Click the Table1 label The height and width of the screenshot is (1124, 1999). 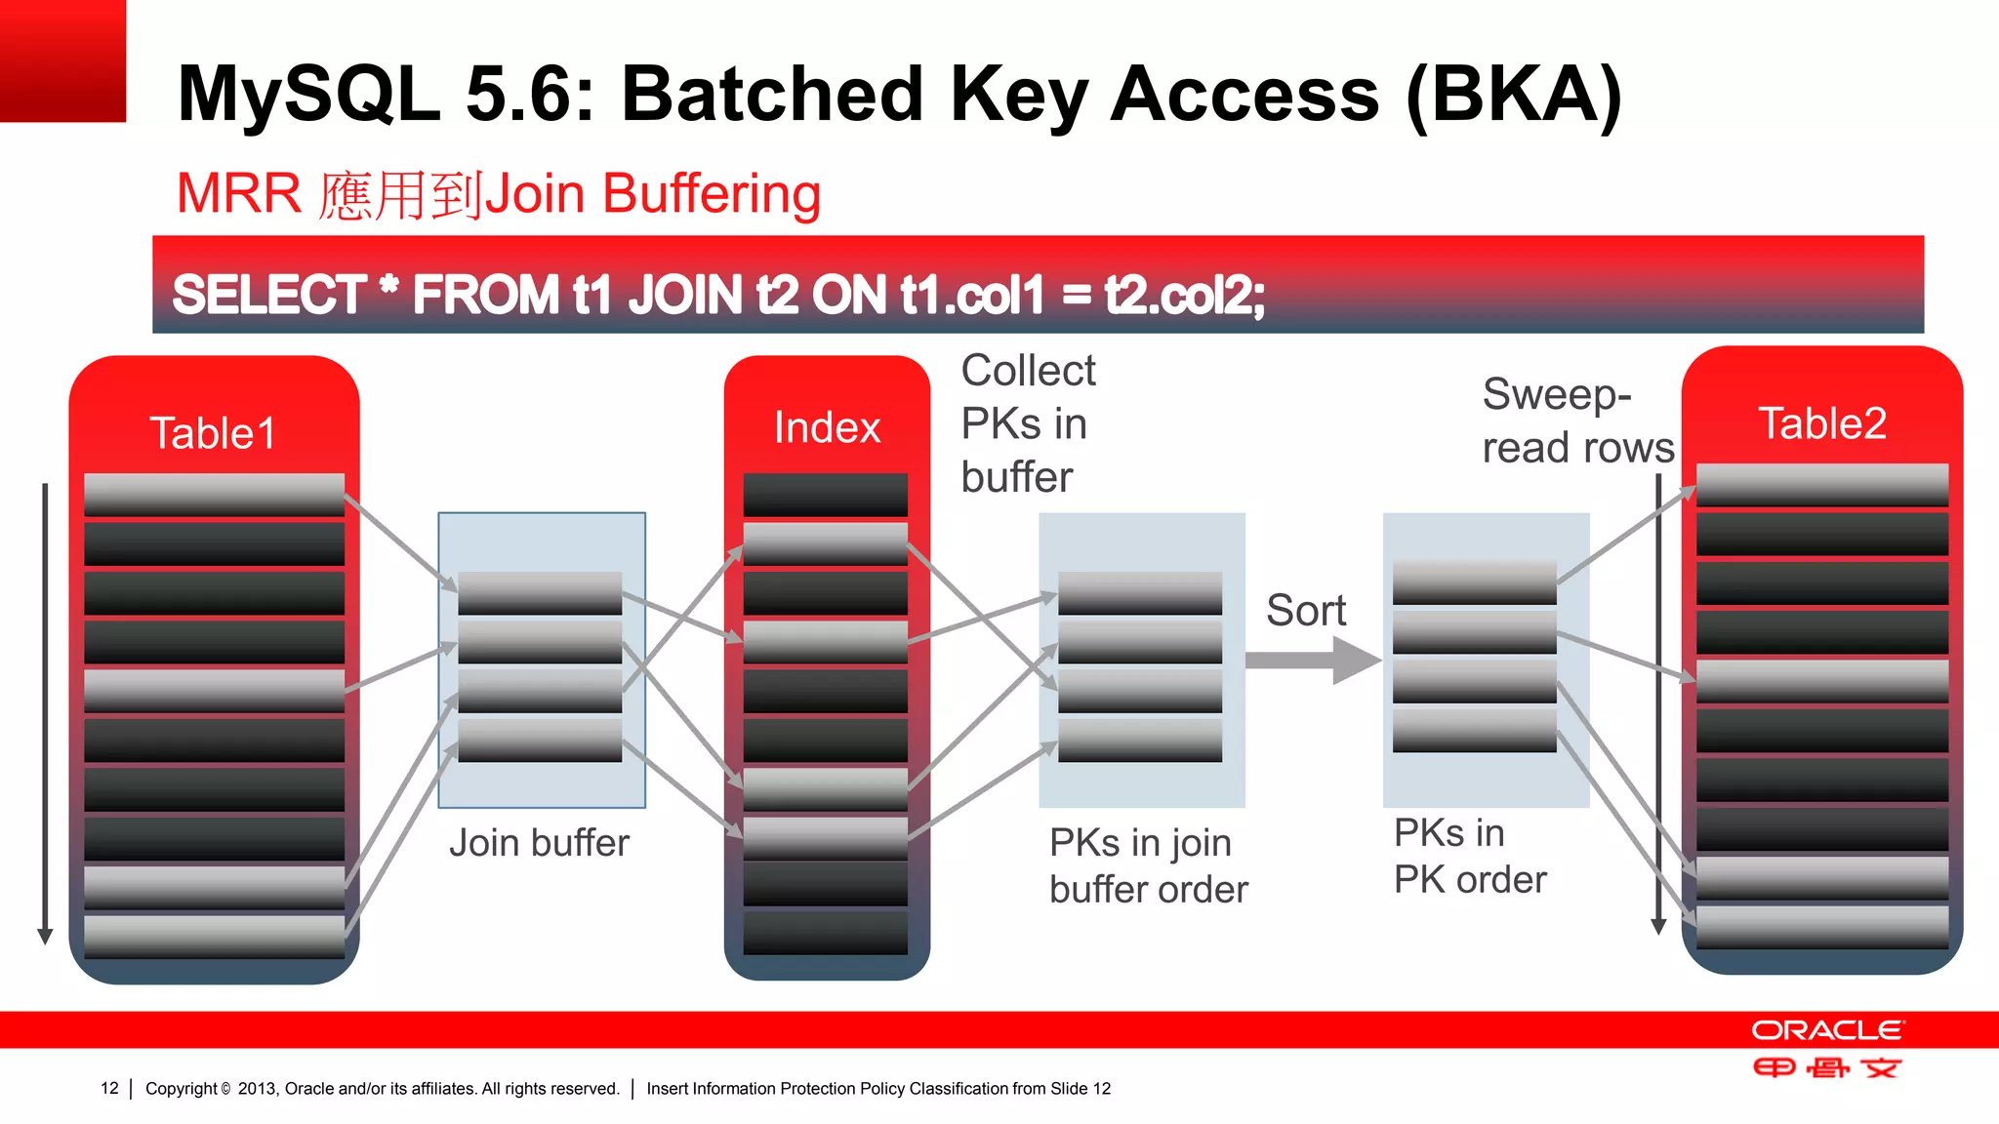pos(213,433)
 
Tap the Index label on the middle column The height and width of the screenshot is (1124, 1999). pos(827,427)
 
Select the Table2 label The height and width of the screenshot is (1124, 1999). pos(1821,423)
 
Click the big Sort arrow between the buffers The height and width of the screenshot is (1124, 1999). pos(1313,661)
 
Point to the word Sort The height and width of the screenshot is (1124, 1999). pos(1305,611)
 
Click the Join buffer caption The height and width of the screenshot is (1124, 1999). pos(539,843)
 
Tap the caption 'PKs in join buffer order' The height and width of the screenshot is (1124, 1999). pos(1148,865)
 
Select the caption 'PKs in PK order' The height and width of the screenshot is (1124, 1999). pos(1469,856)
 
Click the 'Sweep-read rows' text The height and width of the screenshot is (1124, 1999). pos(1576,421)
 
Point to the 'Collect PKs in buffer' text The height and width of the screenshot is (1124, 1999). pos(1027,423)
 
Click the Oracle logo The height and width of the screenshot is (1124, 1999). pos(1826,1031)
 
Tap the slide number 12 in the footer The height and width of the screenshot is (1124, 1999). pos(109,1088)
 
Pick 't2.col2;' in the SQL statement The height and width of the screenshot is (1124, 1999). pos(1184,295)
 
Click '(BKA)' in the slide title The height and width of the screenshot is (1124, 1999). pos(1514,95)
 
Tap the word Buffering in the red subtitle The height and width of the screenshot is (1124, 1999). pos(711,193)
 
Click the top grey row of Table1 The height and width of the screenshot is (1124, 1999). pos(214,495)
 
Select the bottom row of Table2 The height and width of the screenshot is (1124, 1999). pos(1821,927)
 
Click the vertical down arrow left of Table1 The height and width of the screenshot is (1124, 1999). pos(45,712)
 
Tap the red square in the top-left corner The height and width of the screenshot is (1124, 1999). pos(62,60)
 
